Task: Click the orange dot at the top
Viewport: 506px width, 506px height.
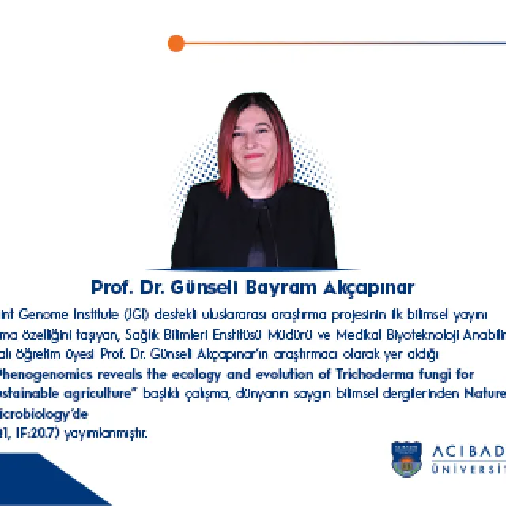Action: [x=176, y=43]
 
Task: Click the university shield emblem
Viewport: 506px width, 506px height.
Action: [x=406, y=459]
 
